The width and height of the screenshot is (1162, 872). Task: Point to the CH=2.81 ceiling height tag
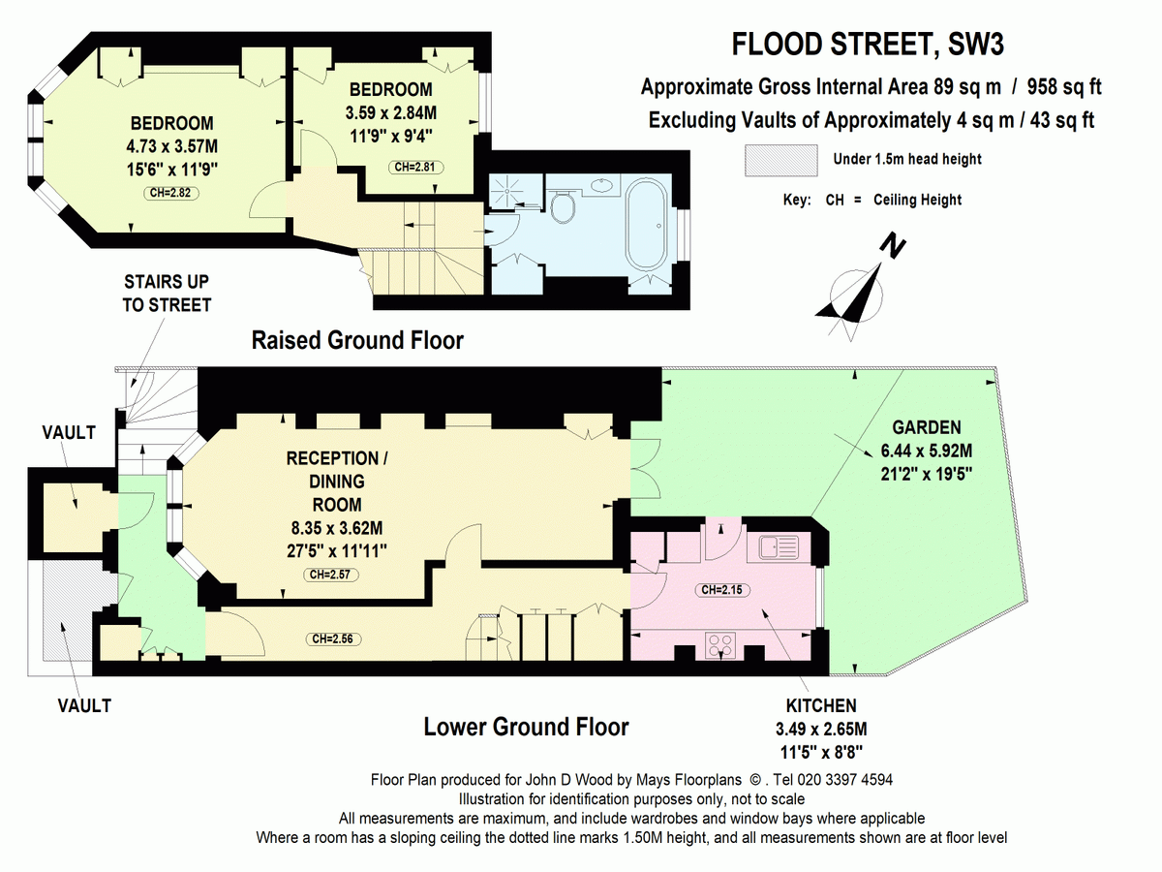point(419,167)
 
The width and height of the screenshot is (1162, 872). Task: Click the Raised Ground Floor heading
point(357,340)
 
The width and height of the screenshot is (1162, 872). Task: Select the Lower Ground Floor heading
point(526,727)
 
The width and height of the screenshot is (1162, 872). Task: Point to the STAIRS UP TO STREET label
point(167,293)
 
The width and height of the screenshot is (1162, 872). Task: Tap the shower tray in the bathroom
point(507,190)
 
